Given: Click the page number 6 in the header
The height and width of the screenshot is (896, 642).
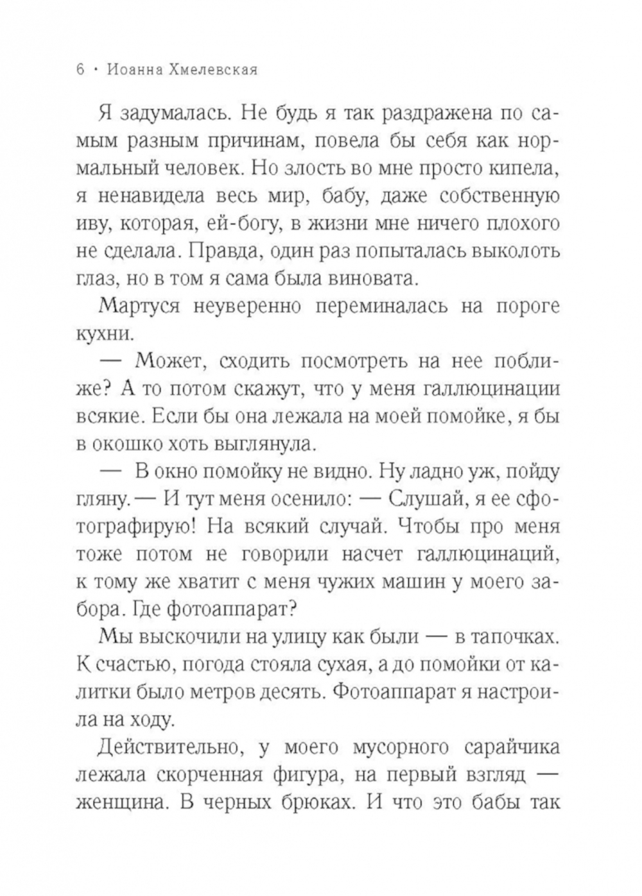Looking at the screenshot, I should coord(80,70).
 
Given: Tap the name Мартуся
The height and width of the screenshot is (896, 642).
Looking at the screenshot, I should coord(137,306).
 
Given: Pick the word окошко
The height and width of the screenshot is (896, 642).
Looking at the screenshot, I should coord(129,444).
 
